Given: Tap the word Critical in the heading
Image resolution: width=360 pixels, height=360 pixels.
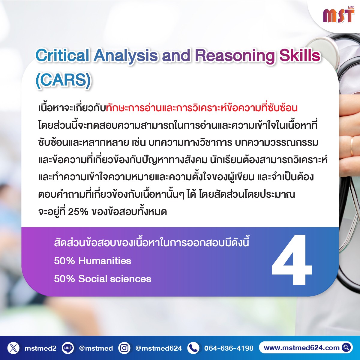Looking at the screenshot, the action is click(x=62, y=55).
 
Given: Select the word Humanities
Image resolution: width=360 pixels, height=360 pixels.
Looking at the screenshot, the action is click(x=105, y=261).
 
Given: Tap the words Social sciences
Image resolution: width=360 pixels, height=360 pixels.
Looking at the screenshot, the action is click(x=115, y=279).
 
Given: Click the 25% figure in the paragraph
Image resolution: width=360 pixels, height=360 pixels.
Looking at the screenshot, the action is click(x=78, y=212).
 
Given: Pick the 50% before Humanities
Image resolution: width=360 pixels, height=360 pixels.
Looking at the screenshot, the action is click(x=64, y=261).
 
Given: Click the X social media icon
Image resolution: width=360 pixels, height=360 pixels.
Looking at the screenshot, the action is click(x=13, y=348).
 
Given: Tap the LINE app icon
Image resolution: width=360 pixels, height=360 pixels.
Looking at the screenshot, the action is click(x=68, y=348).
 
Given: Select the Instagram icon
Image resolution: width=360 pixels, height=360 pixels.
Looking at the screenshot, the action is click(x=124, y=348).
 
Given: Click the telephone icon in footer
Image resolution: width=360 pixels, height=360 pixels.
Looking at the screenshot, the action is click(x=193, y=348).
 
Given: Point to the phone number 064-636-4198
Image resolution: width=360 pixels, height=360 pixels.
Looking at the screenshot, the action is click(x=229, y=348).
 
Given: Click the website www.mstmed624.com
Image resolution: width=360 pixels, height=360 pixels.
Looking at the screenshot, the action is click(x=301, y=348).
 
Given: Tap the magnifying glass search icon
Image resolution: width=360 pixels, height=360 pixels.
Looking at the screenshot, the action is click(x=346, y=347).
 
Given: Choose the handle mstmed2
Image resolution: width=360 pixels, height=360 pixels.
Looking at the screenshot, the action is click(x=40, y=348).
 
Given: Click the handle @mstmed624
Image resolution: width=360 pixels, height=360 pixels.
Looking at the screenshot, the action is click(x=159, y=348).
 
